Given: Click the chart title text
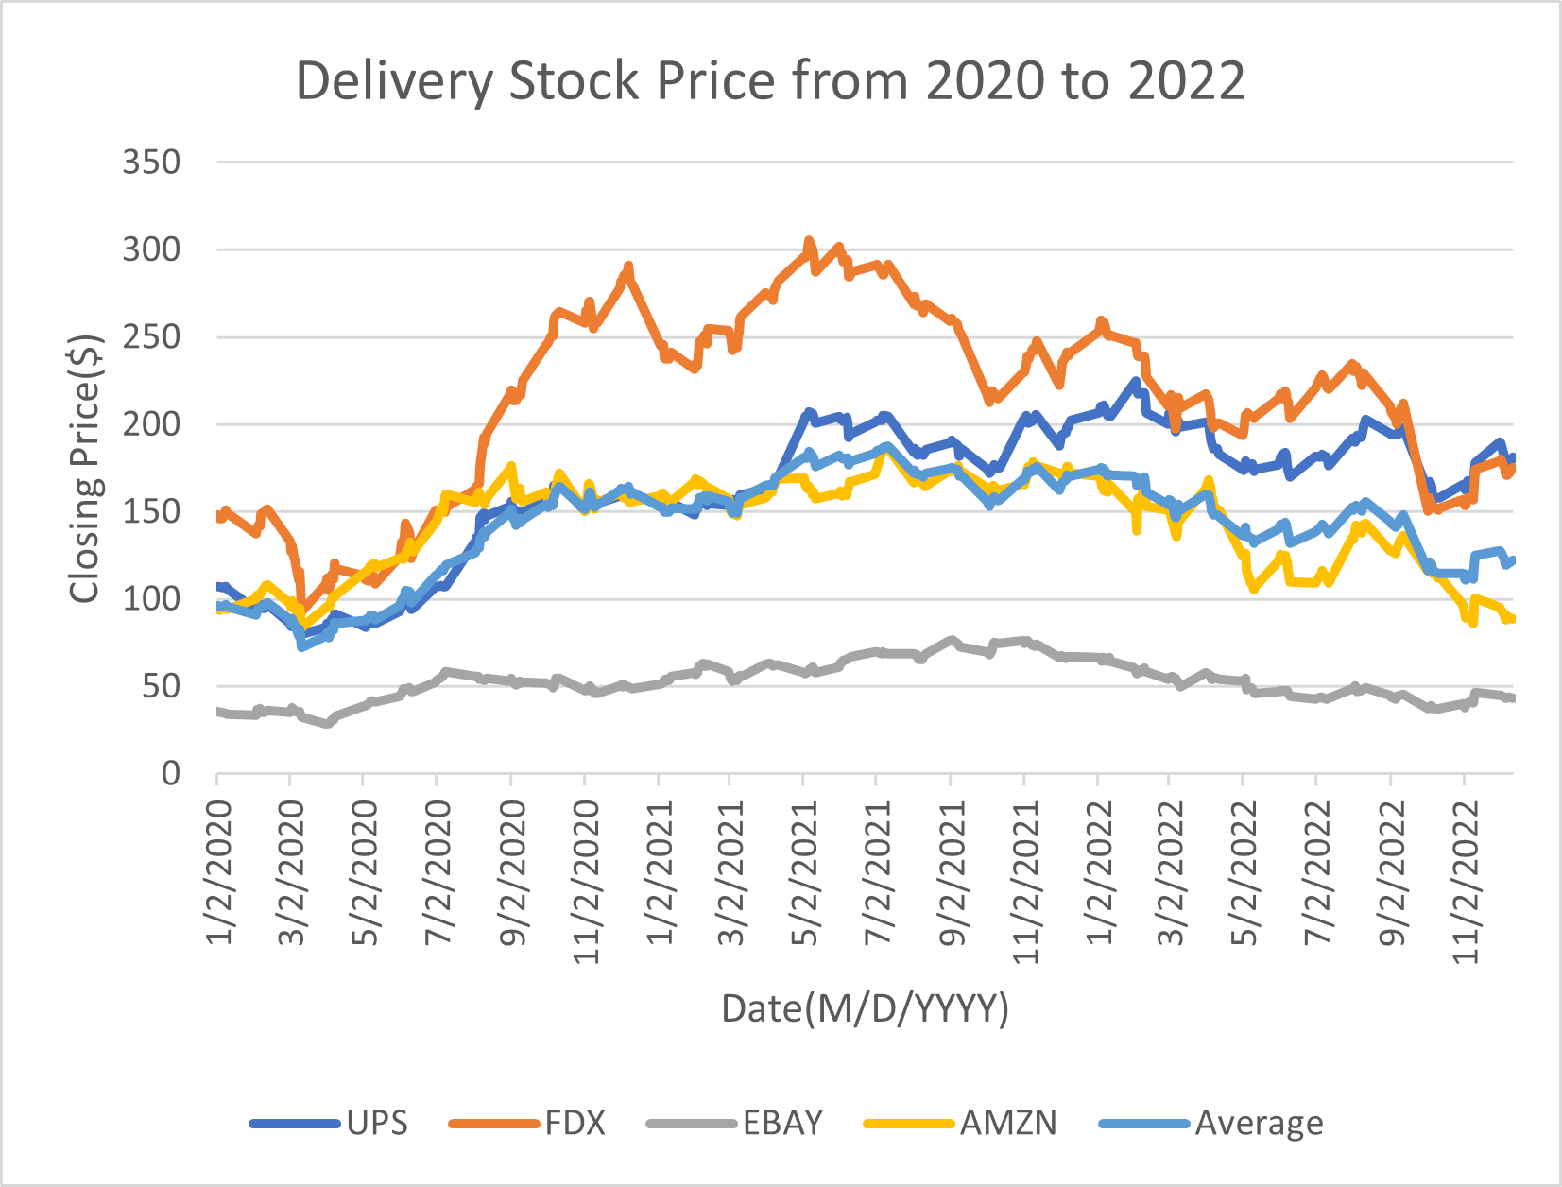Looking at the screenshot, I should point(770,80).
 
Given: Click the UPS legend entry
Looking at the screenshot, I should point(376,1123).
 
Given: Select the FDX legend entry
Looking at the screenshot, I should point(575,1123).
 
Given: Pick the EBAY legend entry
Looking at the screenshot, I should point(782,1123).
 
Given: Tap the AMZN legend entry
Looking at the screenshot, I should point(1008,1123).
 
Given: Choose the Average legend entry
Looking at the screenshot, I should point(1259,1123).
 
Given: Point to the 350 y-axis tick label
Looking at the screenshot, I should point(151,163).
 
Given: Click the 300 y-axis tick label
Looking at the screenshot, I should point(151,249).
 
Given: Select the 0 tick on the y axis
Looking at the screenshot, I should point(170,774).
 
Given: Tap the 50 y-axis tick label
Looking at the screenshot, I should point(161,687).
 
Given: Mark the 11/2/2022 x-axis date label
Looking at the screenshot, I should point(1465,881).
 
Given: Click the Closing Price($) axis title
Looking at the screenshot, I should point(84,468).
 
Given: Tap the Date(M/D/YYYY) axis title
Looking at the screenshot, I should point(865,1008).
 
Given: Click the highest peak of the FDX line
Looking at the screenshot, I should point(808,241).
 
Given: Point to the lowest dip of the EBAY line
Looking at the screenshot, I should point(327,724).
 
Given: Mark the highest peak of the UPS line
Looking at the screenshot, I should point(1136,382).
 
